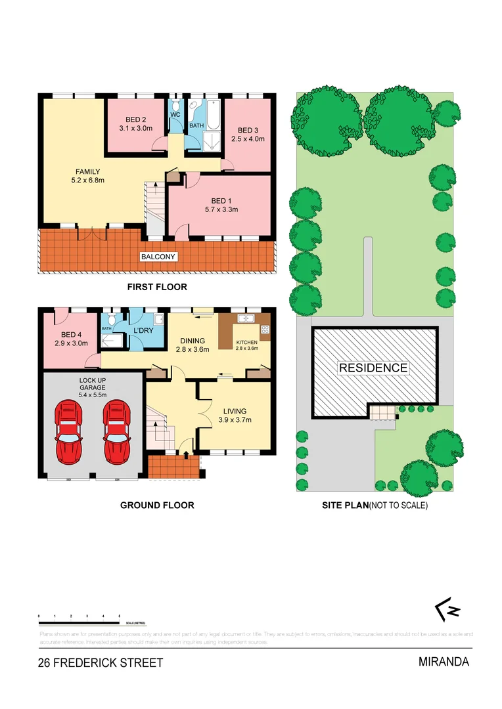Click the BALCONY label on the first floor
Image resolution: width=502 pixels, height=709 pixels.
[159, 257]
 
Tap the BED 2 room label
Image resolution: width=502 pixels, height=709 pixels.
[135, 119]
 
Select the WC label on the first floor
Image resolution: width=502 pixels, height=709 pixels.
[175, 114]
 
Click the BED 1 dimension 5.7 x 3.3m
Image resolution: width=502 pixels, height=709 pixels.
[221, 210]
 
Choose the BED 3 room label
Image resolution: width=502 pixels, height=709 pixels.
[247, 130]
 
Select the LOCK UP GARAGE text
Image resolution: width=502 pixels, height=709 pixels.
[92, 385]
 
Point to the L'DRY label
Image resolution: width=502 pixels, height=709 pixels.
[143, 330]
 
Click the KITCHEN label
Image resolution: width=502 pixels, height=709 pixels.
[248, 341]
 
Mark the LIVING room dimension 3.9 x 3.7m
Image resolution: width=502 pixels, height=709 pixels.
[235, 419]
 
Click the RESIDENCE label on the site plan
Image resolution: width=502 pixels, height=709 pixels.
[373, 368]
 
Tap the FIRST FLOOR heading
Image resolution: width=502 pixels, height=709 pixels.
[157, 287]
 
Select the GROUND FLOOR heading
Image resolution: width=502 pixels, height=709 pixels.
[157, 505]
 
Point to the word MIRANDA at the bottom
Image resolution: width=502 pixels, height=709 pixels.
[444, 662]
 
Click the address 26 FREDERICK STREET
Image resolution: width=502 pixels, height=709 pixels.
[101, 663]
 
